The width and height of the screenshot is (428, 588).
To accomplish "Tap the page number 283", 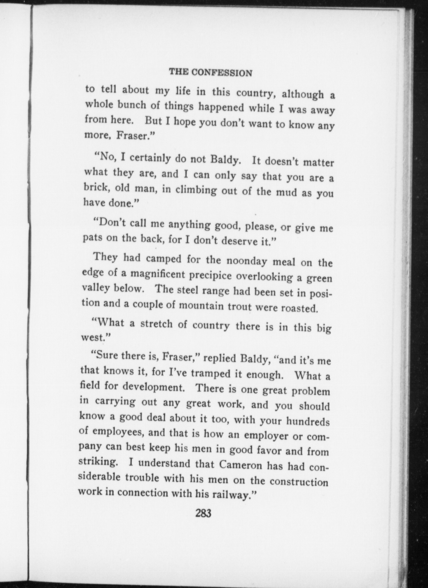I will [203, 513].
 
